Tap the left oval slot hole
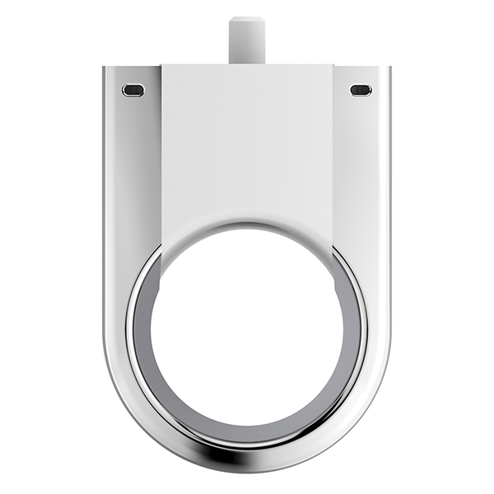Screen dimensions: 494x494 132,89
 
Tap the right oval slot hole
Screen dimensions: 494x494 361,89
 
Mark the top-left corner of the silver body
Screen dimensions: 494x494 105,68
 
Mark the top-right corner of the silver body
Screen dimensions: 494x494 389,68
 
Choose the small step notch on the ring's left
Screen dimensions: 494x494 161,284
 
